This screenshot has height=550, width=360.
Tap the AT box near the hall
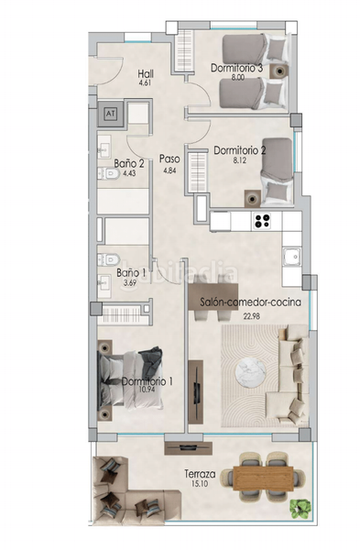[x=112, y=114]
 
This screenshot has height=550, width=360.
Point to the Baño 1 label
[x=130, y=273]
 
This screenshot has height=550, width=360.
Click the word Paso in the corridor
[x=168, y=158]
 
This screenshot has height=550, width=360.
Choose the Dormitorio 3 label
[x=237, y=68]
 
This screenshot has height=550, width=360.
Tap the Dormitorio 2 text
[x=239, y=150]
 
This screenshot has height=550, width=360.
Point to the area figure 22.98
[x=251, y=316]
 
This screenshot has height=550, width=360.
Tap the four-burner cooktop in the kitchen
[x=263, y=221]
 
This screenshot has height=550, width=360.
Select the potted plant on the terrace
[x=297, y=505]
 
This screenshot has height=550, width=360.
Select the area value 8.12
[x=239, y=160]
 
